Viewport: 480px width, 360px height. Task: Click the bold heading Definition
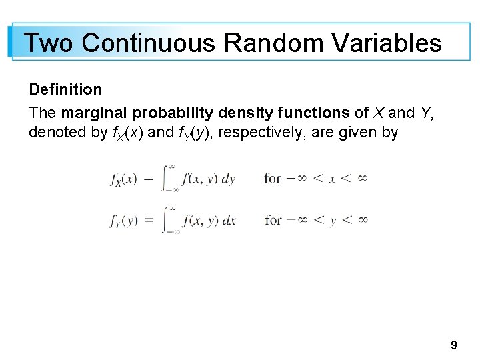coord(65,89)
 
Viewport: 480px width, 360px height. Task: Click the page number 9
coord(454,345)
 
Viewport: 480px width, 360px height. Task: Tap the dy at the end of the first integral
coord(227,179)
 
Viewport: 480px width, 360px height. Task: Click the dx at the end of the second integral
coord(227,220)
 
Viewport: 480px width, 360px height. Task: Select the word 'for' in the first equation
coord(272,178)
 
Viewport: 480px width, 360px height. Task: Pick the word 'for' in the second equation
coord(272,219)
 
